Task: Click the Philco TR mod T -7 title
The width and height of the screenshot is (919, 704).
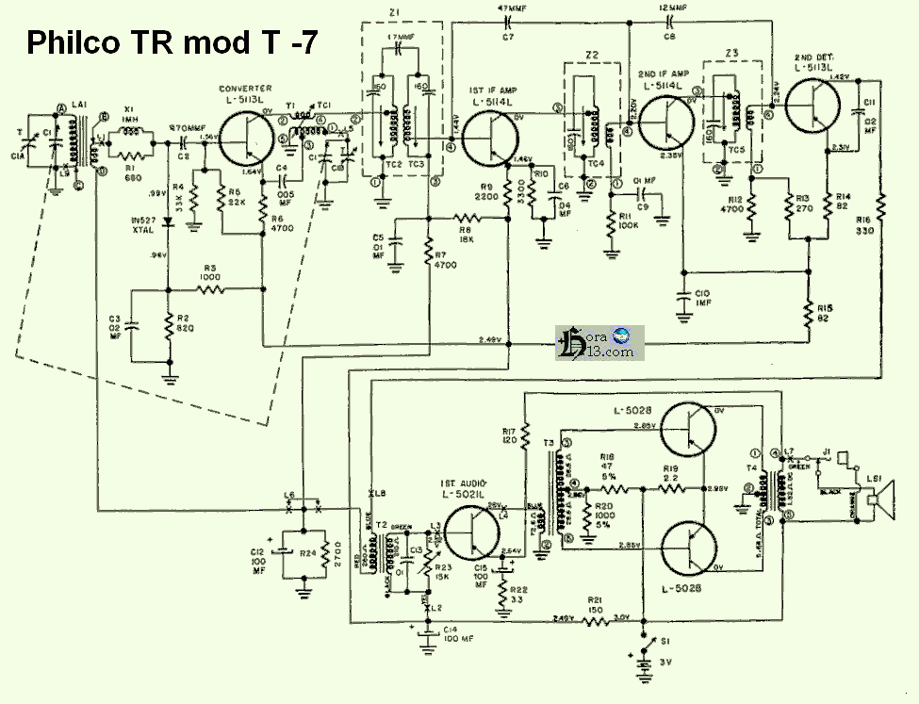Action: tap(169, 43)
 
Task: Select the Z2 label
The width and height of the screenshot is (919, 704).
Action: tap(592, 56)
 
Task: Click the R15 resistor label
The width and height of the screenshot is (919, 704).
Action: tap(827, 309)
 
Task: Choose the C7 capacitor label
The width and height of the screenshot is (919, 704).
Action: tap(509, 36)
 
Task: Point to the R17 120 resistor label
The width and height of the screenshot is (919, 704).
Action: tap(509, 434)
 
